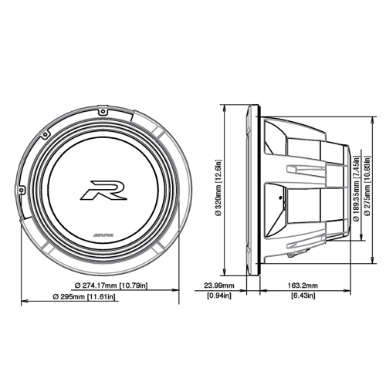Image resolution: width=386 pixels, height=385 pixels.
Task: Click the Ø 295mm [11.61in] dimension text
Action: (84, 297)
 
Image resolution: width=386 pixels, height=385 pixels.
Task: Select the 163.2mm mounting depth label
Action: (305, 285)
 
